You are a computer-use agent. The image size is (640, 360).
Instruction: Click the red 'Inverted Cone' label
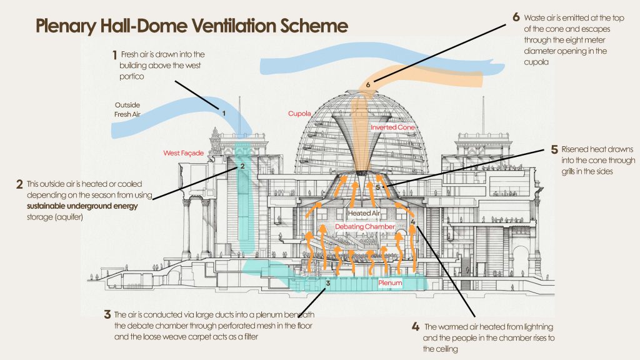392,127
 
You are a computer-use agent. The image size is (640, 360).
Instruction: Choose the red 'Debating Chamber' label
365,226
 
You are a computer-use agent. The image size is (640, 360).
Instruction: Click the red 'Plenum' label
391,283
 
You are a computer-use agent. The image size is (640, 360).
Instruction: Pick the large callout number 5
554,150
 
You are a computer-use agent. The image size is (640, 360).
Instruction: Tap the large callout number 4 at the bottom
416,327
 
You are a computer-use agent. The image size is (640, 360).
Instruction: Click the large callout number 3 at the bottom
108,314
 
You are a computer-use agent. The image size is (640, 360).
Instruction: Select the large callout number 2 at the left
20,185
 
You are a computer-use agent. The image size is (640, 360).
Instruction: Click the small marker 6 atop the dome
369,83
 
